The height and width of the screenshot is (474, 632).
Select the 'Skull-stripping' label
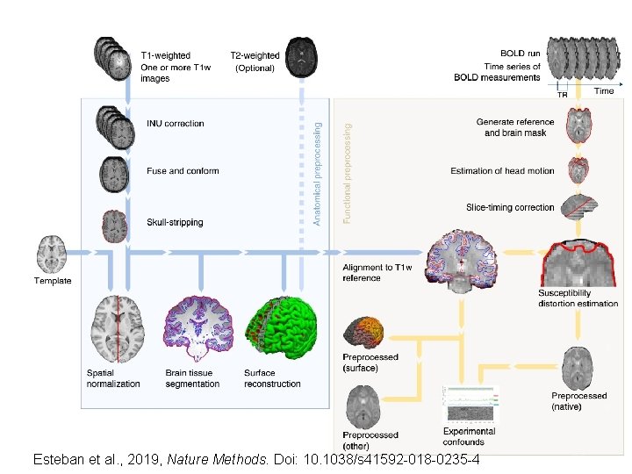(x=175, y=222)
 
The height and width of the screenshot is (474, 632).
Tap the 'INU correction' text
(x=175, y=124)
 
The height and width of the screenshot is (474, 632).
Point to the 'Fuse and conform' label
(x=183, y=171)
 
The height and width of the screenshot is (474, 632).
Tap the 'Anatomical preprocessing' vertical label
(x=317, y=173)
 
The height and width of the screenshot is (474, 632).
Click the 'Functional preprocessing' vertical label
(x=347, y=173)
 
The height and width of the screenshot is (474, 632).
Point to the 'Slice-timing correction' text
(x=510, y=208)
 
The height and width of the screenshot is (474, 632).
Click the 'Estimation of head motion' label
(x=502, y=171)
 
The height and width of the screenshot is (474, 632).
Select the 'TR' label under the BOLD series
(x=563, y=95)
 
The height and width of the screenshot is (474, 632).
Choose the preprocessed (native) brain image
(x=578, y=368)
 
